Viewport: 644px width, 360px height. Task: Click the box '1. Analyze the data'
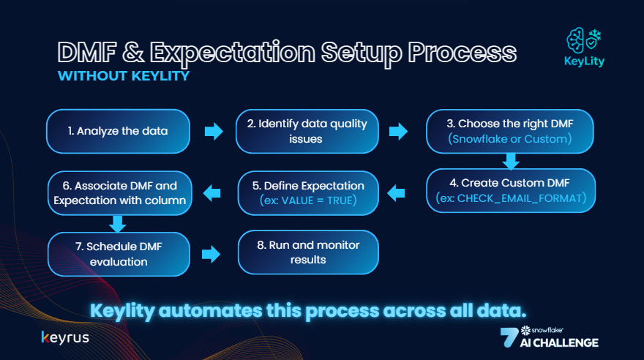click(x=119, y=132)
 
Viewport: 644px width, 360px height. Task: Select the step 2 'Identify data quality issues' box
click(x=308, y=132)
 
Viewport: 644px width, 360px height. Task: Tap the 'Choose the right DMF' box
click(x=511, y=132)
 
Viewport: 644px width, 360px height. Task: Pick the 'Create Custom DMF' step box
click(x=511, y=191)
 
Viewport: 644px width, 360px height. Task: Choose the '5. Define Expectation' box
click(x=308, y=193)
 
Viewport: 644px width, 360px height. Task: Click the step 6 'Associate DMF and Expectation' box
click(x=119, y=193)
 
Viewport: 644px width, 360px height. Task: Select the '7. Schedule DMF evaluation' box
click(x=119, y=253)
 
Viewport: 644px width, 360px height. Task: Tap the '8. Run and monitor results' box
click(x=308, y=253)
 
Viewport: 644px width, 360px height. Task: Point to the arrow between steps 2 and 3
click(x=398, y=132)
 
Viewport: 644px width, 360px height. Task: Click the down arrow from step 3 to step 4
click(x=511, y=160)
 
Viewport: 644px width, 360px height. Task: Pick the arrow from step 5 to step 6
click(x=211, y=193)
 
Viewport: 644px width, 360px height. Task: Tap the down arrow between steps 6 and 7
click(x=116, y=222)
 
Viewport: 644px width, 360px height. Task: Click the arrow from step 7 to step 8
click(x=211, y=254)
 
